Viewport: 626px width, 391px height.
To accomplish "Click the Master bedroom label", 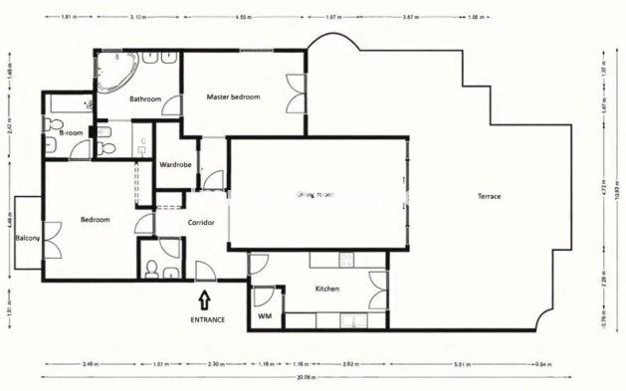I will click(233, 97).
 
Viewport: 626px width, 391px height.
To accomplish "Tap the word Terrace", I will click(488, 196).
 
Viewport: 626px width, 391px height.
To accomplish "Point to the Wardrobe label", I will click(175, 164).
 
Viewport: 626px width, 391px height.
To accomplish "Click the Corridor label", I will click(201, 222).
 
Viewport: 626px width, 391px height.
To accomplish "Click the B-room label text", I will click(70, 131).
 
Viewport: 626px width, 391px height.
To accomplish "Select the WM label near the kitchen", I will click(265, 316).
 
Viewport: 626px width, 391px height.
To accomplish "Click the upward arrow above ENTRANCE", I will click(204, 297).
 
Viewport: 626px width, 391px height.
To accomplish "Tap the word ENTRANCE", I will click(207, 319).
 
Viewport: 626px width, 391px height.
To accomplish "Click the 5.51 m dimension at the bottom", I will click(489, 364).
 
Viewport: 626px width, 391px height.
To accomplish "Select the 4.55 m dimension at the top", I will click(243, 17).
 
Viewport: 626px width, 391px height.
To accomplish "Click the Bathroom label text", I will click(145, 98).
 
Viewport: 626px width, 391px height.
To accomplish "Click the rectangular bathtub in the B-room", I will click(68, 102).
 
